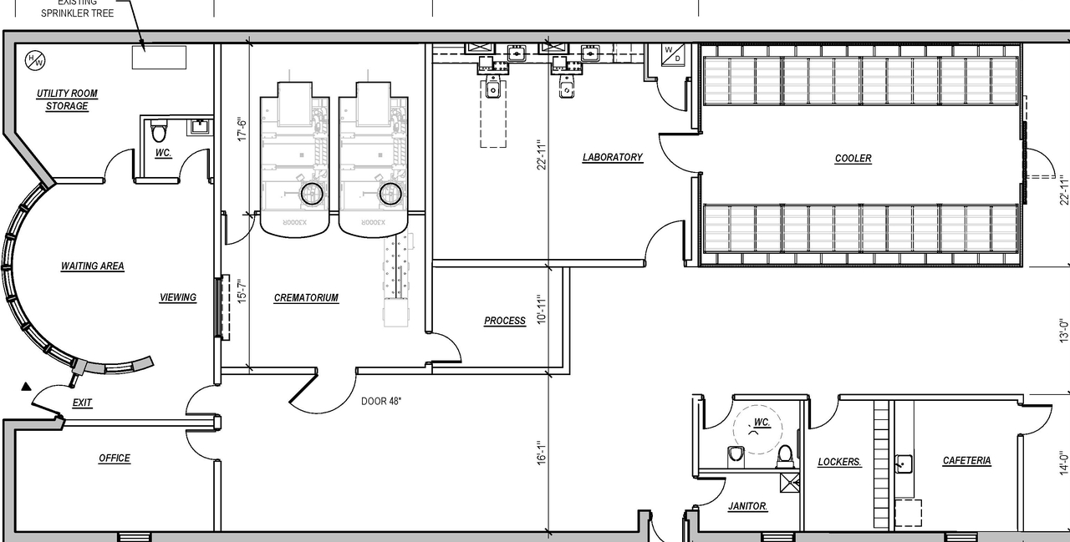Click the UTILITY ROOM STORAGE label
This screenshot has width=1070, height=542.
(67, 99)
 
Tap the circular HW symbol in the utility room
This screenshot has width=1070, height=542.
(36, 59)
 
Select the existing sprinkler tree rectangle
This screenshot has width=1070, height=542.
(159, 58)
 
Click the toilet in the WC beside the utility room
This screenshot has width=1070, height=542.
(159, 131)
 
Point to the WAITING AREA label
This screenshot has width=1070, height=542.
(92, 266)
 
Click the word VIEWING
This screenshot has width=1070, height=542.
(178, 297)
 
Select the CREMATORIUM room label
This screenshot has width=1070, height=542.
(306, 297)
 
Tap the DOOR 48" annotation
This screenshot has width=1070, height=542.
(381, 401)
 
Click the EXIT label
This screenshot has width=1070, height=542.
(82, 403)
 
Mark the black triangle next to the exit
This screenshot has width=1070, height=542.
(26, 387)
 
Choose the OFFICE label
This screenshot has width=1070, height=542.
(115, 458)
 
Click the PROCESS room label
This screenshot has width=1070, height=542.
(505, 321)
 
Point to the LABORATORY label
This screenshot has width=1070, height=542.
(612, 157)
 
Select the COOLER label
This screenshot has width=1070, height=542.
(853, 158)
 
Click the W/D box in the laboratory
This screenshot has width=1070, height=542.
(672, 54)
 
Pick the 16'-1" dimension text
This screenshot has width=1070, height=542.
(541, 453)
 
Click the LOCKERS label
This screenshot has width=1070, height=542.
(839, 462)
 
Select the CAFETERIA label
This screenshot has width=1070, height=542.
(966, 460)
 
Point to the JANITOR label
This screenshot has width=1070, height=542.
(747, 506)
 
